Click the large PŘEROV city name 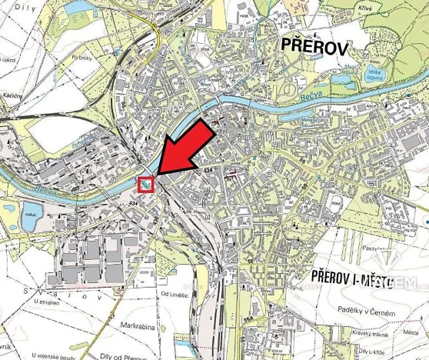314,47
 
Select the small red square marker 145,185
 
